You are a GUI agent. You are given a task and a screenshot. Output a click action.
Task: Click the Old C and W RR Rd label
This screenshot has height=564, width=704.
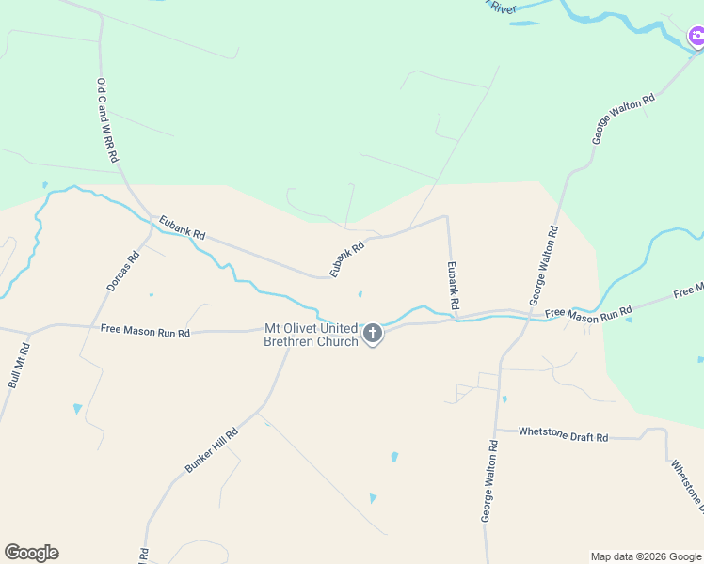pyautogui.click(x=106, y=121)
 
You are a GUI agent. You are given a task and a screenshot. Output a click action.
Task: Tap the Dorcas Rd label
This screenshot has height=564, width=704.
pyautogui.click(x=122, y=271)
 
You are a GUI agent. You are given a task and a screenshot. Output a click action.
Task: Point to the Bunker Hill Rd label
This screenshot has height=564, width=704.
pyautogui.click(x=212, y=450)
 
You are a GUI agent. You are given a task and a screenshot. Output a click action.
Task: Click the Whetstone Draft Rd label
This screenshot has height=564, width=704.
pyautogui.click(x=565, y=436)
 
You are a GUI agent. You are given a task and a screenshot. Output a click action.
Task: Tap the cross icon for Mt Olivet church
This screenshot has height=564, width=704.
pyautogui.click(x=373, y=333)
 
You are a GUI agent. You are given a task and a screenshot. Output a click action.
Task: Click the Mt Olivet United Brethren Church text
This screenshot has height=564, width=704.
pyautogui.click(x=311, y=335)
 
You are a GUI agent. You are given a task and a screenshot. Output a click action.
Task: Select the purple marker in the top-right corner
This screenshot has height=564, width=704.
pyautogui.click(x=696, y=38)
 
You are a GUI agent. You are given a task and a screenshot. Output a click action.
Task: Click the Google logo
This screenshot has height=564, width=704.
pyautogui.click(x=31, y=553)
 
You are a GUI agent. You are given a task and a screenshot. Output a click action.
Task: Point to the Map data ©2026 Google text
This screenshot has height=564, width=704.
pyautogui.click(x=647, y=556)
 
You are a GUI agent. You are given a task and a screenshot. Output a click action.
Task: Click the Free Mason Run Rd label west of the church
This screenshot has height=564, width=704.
pyautogui.click(x=145, y=331)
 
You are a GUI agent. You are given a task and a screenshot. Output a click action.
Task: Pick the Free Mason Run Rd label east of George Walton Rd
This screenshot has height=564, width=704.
pyautogui.click(x=588, y=312)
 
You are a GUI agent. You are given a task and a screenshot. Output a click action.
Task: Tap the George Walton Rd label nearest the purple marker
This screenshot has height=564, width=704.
pyautogui.click(x=622, y=118)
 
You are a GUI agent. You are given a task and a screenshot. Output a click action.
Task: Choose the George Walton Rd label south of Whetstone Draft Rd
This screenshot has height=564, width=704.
pyautogui.click(x=488, y=480)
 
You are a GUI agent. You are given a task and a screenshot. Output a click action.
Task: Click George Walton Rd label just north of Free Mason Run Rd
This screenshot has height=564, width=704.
pyautogui.click(x=544, y=264)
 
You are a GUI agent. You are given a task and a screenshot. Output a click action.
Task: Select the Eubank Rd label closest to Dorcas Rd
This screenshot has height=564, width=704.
pyautogui.click(x=182, y=227)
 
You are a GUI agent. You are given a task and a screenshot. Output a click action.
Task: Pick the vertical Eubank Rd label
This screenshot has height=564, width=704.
pyautogui.click(x=453, y=286)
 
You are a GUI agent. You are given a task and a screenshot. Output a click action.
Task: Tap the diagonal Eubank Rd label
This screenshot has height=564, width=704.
pyautogui.click(x=346, y=259)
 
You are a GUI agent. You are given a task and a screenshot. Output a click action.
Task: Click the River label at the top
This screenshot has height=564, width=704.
pyautogui.click(x=502, y=8)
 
